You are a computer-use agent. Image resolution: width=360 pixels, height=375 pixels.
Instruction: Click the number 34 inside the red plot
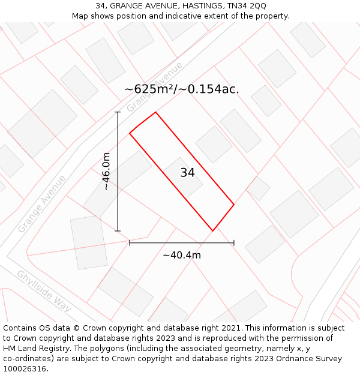[187, 173]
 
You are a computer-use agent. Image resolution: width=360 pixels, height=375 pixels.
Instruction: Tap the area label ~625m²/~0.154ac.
[182, 89]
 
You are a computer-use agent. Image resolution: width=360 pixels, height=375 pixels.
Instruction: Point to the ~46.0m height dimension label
[106, 171]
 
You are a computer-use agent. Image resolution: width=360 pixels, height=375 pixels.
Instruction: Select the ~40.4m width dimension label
[181, 255]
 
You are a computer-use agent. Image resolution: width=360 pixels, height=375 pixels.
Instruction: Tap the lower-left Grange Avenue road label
[41, 204]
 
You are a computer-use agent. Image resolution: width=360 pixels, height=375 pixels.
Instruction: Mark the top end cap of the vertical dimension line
[118, 112]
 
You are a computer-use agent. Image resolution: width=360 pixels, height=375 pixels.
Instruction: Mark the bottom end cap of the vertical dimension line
[118, 230]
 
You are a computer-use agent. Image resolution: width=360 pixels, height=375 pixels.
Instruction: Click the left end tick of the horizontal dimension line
[130, 242]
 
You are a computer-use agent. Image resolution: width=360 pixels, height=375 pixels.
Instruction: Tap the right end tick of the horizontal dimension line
[233, 242]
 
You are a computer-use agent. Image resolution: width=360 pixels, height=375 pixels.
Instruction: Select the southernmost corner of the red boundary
[212, 230]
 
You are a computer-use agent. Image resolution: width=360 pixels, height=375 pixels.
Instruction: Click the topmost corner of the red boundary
[155, 112]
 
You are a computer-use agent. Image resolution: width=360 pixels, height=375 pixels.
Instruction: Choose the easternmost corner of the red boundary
[233, 205]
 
